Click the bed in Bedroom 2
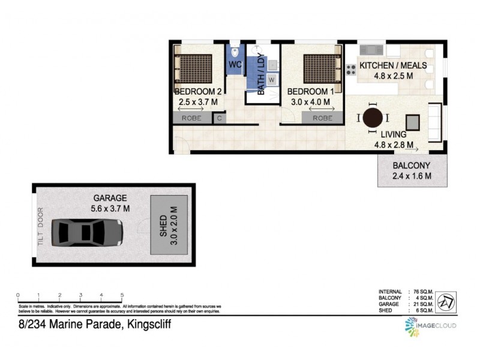point(194,68)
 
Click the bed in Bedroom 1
point(322,68)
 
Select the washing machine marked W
point(271,79)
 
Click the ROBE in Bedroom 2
point(191,118)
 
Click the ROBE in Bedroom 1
point(322,118)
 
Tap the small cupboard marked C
point(220,118)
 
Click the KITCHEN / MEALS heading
point(392,65)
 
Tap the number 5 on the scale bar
point(122,295)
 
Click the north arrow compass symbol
point(445,301)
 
